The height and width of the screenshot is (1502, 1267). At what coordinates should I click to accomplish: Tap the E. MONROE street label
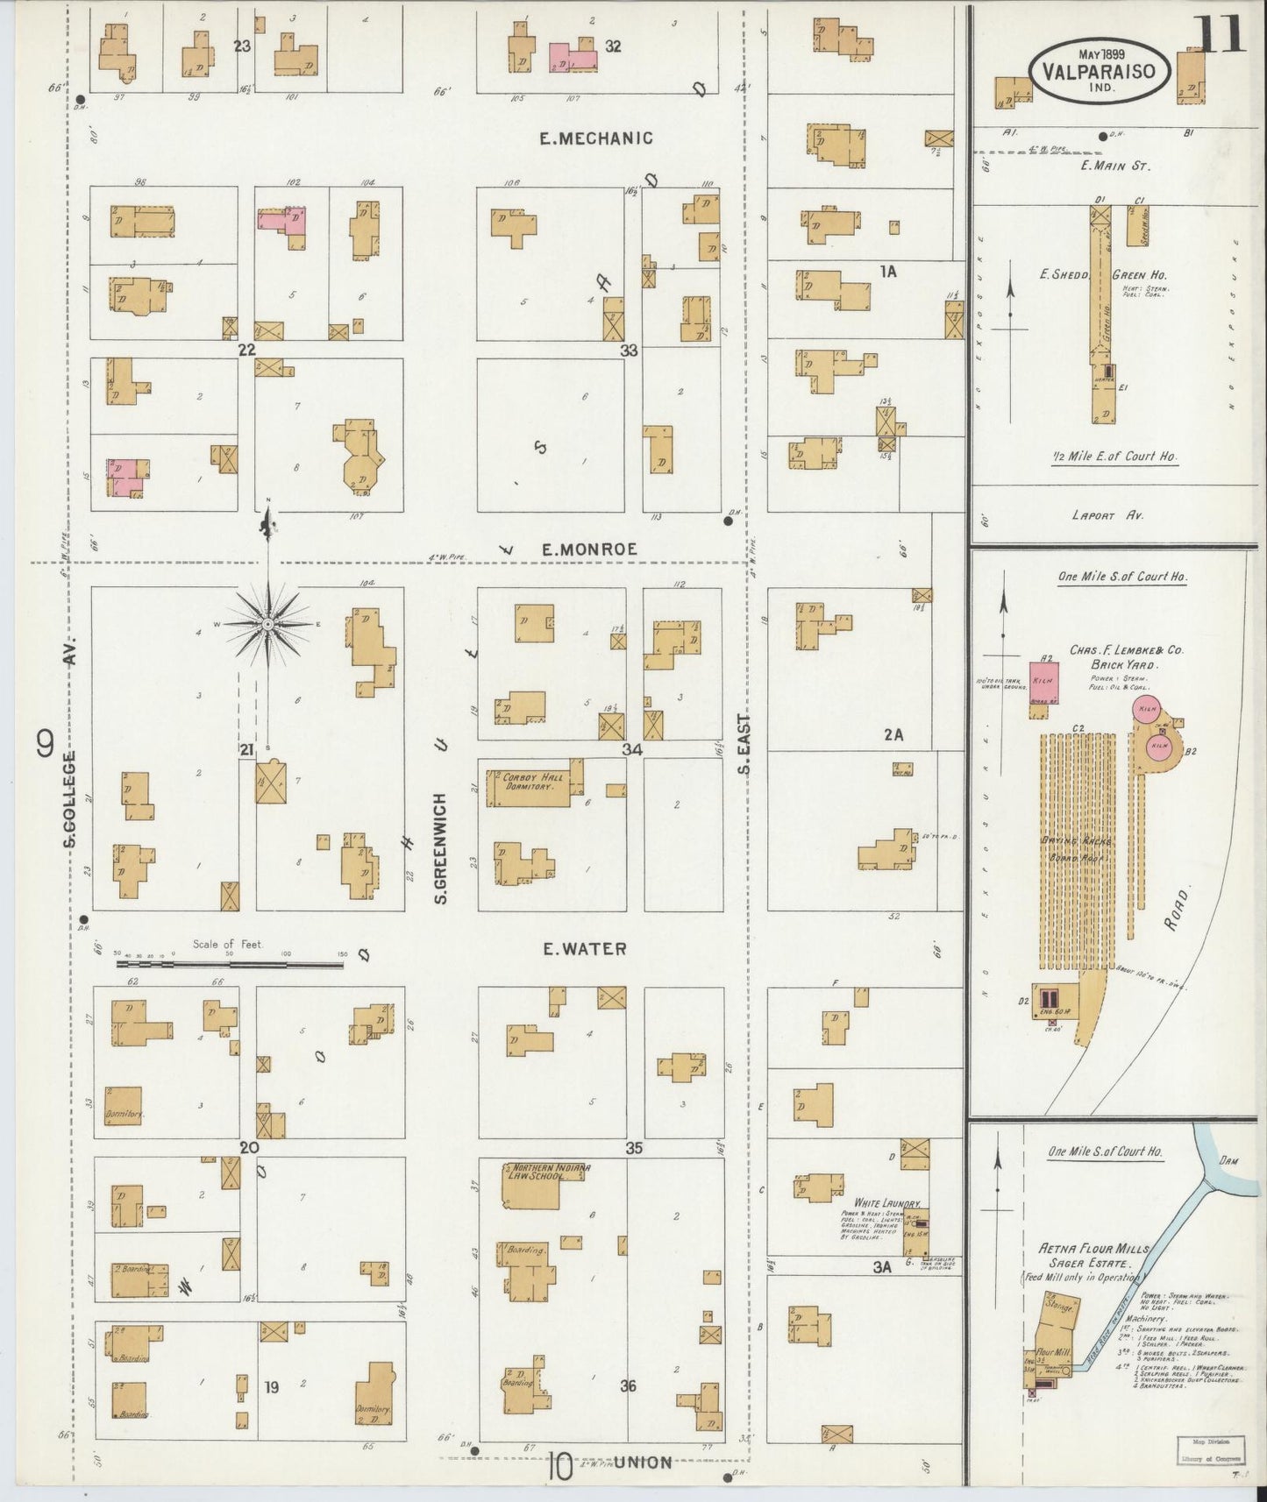588,549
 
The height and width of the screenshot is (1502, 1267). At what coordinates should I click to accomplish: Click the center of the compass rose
267,624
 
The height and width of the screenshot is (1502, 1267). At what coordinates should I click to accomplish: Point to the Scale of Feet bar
229,964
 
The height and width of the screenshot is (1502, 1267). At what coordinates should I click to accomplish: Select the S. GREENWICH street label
440,848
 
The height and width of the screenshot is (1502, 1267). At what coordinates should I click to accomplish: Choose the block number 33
628,351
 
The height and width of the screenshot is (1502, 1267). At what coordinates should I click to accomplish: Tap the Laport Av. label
1107,515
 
